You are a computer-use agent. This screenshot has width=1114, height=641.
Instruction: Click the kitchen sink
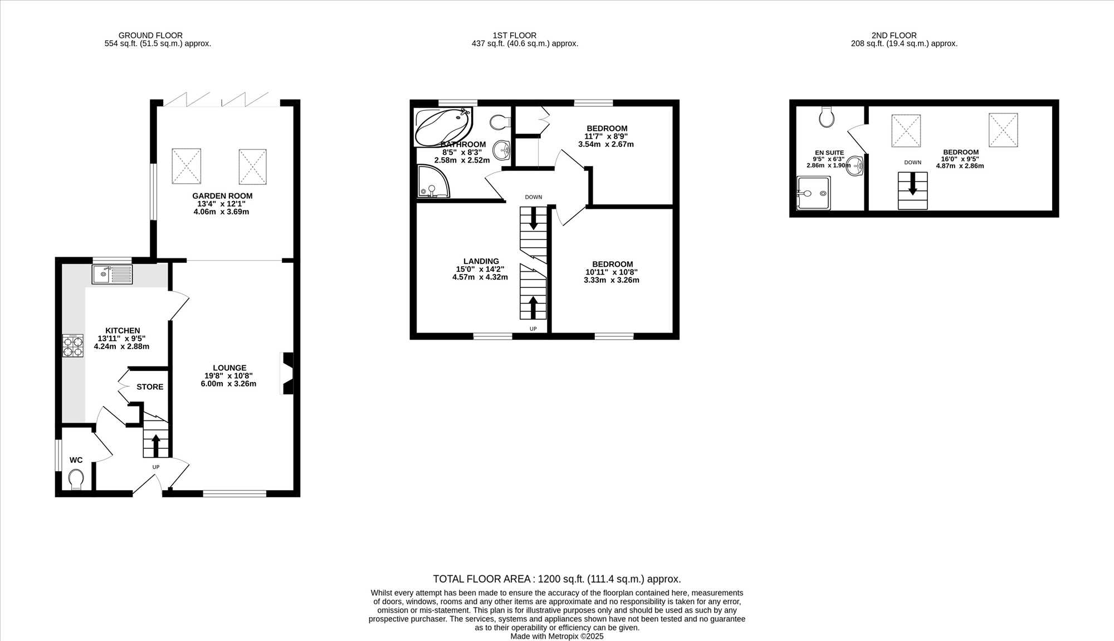coord(113,274)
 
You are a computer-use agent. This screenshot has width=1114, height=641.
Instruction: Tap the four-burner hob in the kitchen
coord(72,345)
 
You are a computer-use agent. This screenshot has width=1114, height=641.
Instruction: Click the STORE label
coord(150,386)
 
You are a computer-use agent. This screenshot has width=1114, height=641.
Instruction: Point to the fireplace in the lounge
coord(288,373)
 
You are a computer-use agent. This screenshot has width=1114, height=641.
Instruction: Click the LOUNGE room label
coord(229,368)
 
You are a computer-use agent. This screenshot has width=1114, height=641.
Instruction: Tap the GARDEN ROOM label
coord(222,195)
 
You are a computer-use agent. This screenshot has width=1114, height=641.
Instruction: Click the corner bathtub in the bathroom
coord(443,127)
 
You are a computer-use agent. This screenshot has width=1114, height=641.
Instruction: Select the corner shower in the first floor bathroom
coord(433,181)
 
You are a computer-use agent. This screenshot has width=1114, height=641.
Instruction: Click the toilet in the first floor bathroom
coord(500,121)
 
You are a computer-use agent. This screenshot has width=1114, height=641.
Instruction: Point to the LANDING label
coord(481,261)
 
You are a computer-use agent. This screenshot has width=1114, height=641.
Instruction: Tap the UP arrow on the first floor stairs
coord(533,307)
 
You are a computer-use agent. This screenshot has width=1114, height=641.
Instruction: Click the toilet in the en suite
coord(827,116)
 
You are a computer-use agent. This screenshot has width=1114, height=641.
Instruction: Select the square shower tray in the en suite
coord(814,193)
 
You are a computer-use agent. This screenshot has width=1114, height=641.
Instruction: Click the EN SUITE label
coord(829,153)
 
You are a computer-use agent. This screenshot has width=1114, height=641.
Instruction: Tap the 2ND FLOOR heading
coord(894,35)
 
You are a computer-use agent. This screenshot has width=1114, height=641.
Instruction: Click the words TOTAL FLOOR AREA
coord(484,579)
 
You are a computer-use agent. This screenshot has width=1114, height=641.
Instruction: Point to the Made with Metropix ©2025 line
coord(557,636)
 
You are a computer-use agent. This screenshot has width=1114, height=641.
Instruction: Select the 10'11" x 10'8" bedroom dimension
coord(612,272)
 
